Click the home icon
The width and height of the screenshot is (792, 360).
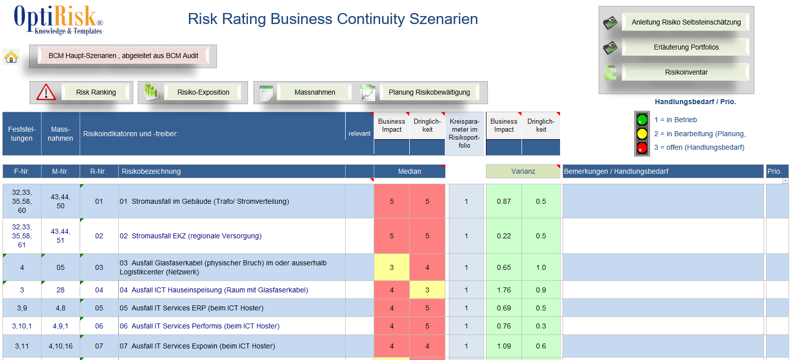pos(11,57)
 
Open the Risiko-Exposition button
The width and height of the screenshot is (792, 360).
pos(203,92)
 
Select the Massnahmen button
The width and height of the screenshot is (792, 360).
pos(315,92)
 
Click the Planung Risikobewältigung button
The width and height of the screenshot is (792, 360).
pos(429,92)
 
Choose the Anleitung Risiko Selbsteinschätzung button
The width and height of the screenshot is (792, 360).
pos(686,22)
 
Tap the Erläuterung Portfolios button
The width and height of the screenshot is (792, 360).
pos(686,47)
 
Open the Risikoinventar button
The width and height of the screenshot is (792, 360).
pos(686,72)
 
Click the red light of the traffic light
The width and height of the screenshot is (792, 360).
pos(642,148)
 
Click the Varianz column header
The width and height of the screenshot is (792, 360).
pos(523,171)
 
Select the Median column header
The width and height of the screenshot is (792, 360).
pos(409,171)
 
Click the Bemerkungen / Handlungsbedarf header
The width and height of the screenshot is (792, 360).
pos(616,171)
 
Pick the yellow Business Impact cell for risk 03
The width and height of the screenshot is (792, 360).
pos(392,267)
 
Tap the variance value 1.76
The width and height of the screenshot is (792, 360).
pos(504,290)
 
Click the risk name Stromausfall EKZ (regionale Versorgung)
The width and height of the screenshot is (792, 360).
pos(196,236)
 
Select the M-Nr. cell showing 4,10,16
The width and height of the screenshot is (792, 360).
pos(61,346)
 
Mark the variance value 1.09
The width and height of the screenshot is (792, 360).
pos(504,346)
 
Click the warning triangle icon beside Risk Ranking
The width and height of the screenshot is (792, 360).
pos(46,92)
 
